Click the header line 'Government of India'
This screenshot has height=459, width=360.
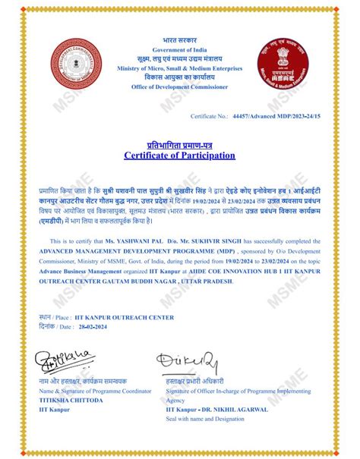pyautogui.click(x=179, y=49)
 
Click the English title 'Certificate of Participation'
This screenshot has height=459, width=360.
pyautogui.click(x=179, y=156)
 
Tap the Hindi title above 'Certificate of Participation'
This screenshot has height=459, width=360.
pyautogui.click(x=179, y=144)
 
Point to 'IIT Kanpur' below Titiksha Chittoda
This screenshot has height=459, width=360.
pyautogui.click(x=52, y=408)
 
